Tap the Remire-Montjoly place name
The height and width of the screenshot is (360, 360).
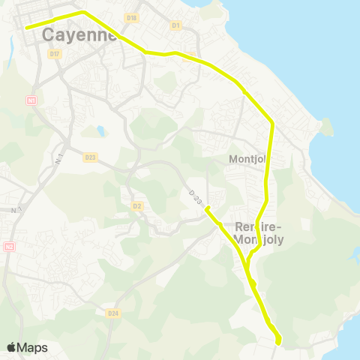[257, 233]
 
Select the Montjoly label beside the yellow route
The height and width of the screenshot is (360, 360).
[247, 159]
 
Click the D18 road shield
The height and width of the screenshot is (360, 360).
[132, 17]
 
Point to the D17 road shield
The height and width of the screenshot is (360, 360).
[54, 54]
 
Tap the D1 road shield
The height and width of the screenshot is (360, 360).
[176, 25]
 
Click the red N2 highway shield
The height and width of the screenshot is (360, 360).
[9, 246]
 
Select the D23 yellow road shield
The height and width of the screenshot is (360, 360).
[91, 157]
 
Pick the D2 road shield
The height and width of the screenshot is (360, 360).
[137, 205]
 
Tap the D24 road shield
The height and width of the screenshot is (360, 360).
[113, 313]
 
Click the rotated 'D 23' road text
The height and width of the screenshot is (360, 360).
[196, 196]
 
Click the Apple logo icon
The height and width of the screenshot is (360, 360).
[11, 347]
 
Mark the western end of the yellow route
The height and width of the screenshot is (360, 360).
[27, 28]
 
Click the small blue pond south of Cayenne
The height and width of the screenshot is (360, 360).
[100, 131]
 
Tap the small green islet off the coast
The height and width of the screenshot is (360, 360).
[325, 127]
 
